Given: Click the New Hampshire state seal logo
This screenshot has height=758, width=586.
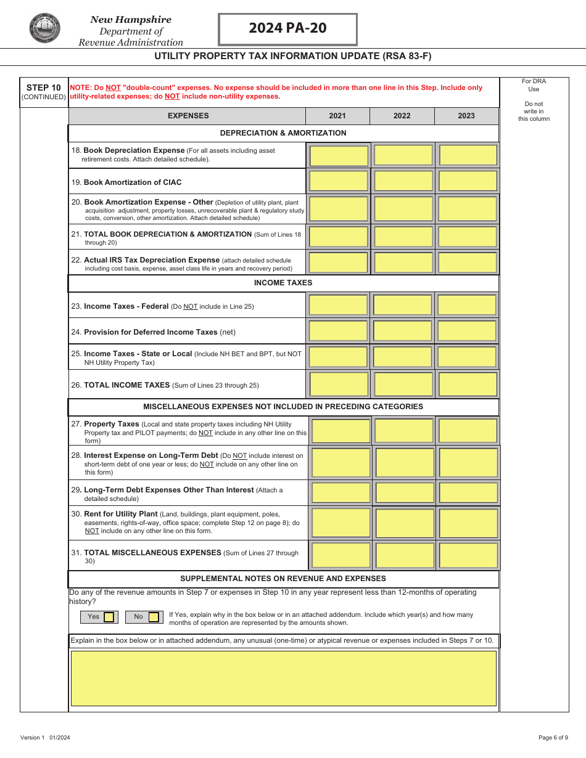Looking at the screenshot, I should (44, 28).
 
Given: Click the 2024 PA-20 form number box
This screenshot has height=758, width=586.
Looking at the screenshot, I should (287, 29).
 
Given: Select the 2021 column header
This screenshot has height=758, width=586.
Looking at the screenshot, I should (337, 116).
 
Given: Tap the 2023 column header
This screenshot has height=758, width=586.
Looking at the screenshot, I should (466, 116).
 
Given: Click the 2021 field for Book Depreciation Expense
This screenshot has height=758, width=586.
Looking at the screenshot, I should (339, 155).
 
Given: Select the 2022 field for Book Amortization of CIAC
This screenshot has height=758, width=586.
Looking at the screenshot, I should (403, 181).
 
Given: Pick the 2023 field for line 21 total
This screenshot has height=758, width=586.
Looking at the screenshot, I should (468, 237).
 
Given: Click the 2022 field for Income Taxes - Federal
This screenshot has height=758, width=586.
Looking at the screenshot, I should (403, 305).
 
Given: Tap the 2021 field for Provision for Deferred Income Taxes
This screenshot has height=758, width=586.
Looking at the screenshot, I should (339, 331).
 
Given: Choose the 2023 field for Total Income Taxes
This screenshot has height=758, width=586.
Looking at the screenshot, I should (468, 384).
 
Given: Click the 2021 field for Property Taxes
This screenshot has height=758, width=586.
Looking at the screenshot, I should (341, 431).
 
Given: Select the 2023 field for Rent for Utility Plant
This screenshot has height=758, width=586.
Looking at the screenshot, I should (468, 523).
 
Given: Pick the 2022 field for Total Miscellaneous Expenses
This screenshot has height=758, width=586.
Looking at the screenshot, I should (405, 555).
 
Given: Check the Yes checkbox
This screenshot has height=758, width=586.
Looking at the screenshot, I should (109, 617).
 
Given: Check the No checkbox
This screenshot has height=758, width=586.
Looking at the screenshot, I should (154, 617).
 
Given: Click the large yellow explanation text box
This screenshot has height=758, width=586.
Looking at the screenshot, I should (283, 678).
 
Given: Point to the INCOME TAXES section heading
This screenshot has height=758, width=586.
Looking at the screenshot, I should (283, 283).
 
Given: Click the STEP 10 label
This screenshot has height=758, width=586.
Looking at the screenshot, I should (44, 88).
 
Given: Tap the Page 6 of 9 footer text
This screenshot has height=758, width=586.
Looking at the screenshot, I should (553, 738).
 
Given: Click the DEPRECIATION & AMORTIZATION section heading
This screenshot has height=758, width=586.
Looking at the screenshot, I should (283, 133).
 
